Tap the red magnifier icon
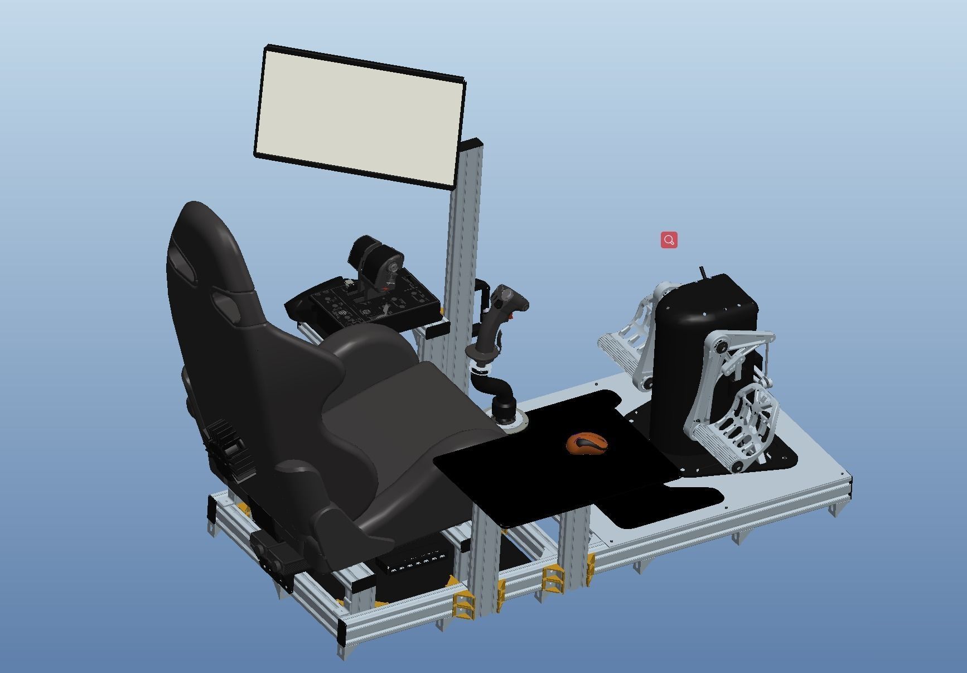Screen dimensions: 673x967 (669, 240)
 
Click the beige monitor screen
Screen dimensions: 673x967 (360, 116)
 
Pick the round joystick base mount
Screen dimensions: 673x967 (506, 419)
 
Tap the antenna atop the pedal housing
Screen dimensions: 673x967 (703, 273)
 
